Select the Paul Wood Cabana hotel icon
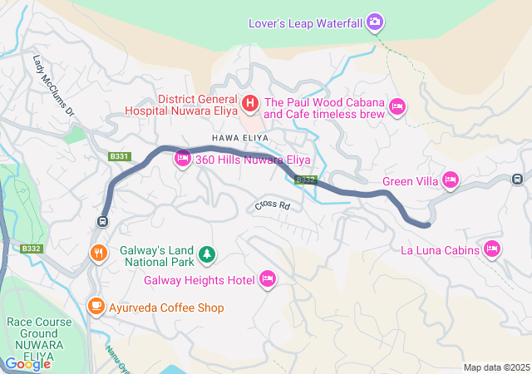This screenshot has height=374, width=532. (397, 106)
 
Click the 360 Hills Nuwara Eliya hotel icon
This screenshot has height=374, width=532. (183, 159)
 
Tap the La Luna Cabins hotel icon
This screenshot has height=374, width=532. (492, 249)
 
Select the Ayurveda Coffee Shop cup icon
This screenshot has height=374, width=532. (96, 308)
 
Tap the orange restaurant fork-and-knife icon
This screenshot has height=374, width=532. (98, 253)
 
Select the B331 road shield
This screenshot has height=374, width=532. (120, 156)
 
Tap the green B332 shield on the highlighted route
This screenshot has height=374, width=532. (306, 180)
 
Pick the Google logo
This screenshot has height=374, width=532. (27, 364)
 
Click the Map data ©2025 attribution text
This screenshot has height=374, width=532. (496, 367)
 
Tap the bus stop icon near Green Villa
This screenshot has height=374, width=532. (517, 178)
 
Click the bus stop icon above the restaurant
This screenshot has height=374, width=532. (102, 221)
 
